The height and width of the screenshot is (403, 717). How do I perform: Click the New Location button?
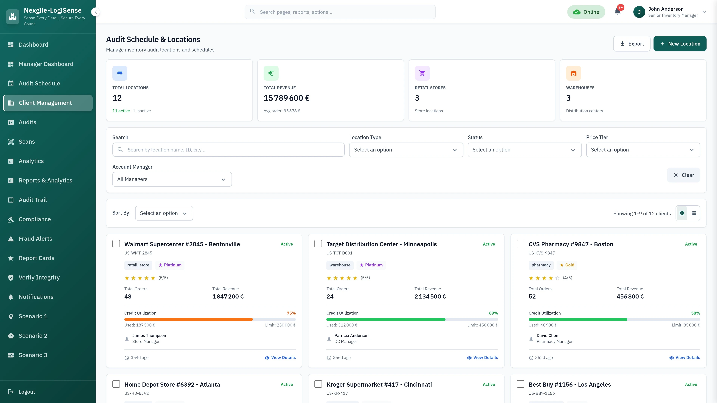pos(679,44)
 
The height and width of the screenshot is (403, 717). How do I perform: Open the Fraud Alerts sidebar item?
pos(35,239)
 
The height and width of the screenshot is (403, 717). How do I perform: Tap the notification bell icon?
pos(617,12)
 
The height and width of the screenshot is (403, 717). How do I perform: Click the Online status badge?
pos(586,12)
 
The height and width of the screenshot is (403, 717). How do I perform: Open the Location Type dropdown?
pos(406,150)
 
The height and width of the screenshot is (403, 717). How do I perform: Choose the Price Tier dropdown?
pos(643,150)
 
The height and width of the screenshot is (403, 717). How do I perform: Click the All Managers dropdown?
pos(172,179)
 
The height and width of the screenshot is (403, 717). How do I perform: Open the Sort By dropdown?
pos(164,213)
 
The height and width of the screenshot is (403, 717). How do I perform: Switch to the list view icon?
pos(694,213)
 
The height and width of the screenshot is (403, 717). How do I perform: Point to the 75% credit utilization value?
pos(291,313)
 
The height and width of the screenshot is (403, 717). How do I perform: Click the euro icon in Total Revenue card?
pos(271,73)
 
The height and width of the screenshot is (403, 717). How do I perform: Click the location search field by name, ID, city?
pos(228,150)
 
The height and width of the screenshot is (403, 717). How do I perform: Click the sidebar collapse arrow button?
pos(95,12)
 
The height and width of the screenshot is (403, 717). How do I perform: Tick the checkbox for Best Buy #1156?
pos(520,384)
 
